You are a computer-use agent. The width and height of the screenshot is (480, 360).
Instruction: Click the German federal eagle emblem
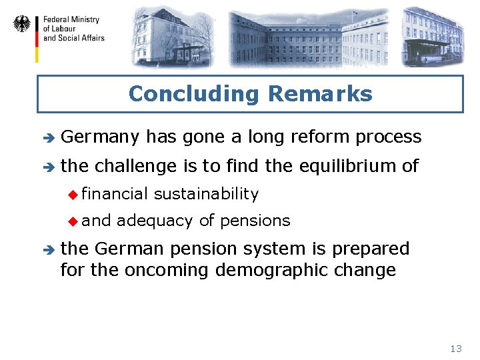point(22,25)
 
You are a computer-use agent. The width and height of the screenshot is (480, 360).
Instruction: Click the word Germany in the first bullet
point(100,137)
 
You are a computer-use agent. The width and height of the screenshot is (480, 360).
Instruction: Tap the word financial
point(118,194)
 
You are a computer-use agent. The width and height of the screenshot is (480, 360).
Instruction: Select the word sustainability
point(206,194)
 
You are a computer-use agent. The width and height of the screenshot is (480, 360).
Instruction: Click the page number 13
point(456,349)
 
